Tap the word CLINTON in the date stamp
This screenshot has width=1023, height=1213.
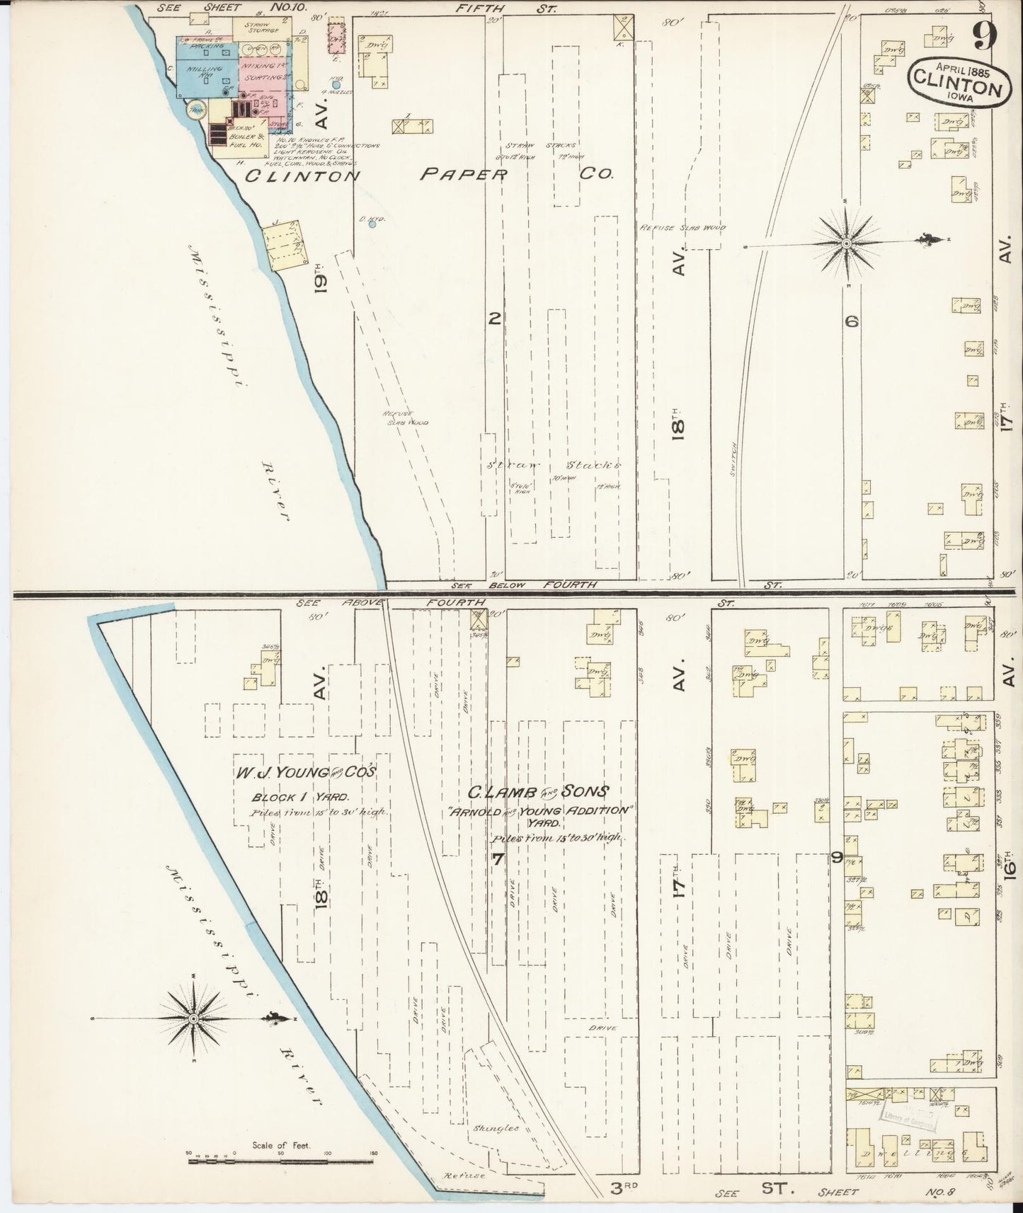click(x=955, y=87)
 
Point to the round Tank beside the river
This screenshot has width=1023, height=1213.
click(x=194, y=110)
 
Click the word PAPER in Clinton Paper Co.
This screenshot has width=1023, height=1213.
click(x=463, y=174)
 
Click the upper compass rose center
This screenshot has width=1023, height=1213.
click(x=846, y=243)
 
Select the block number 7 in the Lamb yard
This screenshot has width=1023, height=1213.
click(x=498, y=860)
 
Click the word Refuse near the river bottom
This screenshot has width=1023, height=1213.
click(x=464, y=1175)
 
